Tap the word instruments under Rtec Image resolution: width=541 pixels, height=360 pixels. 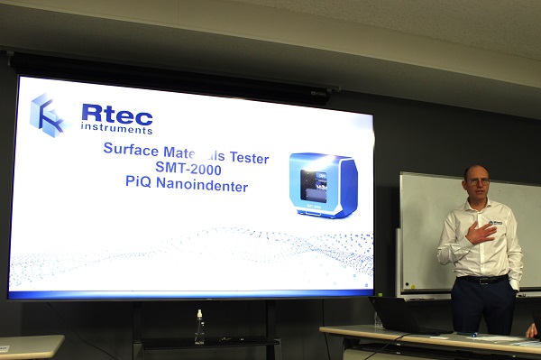(x=116, y=130)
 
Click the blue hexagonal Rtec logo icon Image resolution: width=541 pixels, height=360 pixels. (x=48, y=115)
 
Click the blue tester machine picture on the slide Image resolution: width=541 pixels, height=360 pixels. (x=322, y=186)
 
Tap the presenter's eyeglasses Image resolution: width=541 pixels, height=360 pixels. (x=478, y=182)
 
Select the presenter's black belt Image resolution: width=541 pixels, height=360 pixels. (x=481, y=280)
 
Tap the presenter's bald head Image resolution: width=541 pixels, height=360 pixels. (x=476, y=170)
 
